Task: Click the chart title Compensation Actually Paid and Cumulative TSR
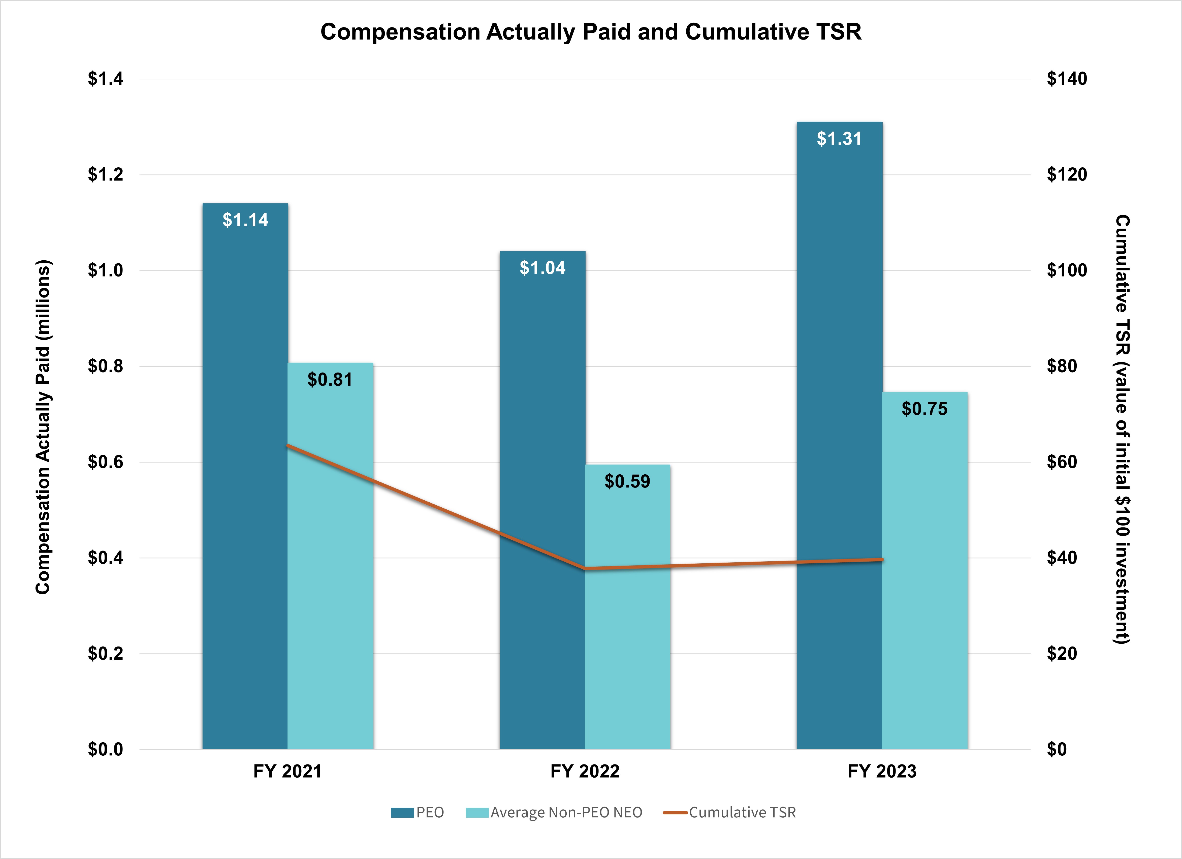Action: [x=590, y=32]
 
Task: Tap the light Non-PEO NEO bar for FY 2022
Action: [x=627, y=626]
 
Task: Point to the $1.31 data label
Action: [x=839, y=139]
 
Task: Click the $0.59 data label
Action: [x=627, y=481]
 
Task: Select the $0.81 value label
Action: [x=330, y=379]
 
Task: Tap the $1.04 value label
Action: [x=542, y=268]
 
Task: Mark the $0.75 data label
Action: [x=924, y=409]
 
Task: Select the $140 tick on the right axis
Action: [x=1067, y=79]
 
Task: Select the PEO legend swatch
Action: [x=402, y=813]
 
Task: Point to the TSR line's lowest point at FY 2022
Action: [x=585, y=568]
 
